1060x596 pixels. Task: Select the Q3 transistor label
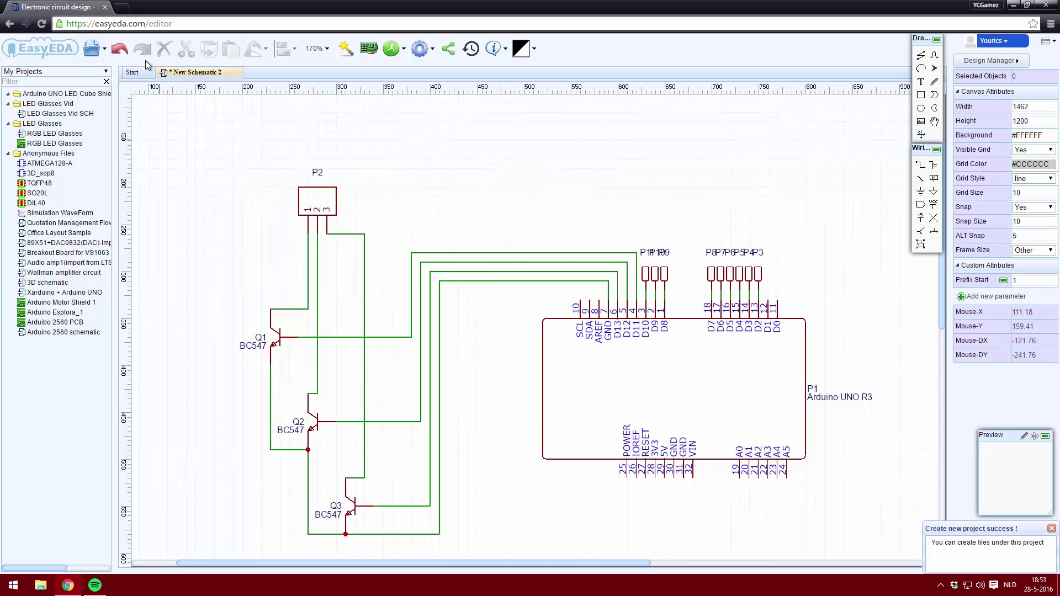335,505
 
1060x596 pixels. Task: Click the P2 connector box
317,200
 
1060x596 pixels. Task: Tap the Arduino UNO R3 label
839,397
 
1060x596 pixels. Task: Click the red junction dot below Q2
308,450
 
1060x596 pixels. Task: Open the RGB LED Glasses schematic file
54,134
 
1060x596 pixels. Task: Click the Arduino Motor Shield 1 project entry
61,302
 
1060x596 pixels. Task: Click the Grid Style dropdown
1033,178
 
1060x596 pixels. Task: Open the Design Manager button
990,61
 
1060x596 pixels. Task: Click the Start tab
132,72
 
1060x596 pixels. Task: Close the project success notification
1051,528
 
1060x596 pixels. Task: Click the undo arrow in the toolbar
119,49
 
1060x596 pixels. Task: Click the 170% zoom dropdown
317,49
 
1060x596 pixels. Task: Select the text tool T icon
920,82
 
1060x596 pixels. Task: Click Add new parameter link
995,296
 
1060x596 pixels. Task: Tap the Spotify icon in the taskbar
95,585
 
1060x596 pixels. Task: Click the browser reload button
41,23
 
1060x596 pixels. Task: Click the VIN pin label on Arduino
692,448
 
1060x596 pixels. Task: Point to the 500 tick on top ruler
529,87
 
